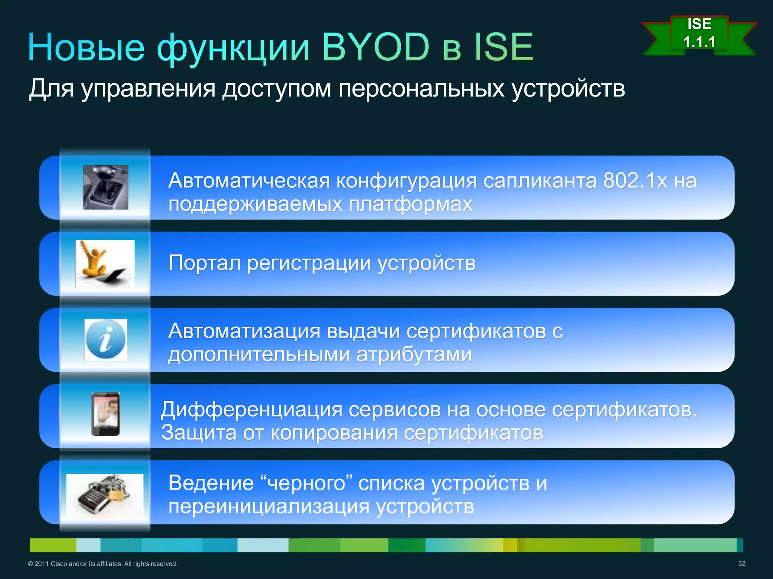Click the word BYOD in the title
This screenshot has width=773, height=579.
click(376, 47)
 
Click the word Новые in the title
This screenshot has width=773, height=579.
click(86, 48)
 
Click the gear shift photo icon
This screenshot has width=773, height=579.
click(106, 187)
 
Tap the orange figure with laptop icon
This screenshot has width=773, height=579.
click(105, 263)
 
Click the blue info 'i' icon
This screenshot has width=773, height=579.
click(106, 340)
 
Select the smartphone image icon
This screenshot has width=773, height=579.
click(106, 414)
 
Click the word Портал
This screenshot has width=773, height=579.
click(204, 263)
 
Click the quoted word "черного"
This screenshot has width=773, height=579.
click(306, 483)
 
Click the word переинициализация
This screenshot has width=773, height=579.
click(269, 506)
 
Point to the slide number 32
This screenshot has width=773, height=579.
click(741, 563)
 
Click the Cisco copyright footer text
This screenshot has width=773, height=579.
click(103, 564)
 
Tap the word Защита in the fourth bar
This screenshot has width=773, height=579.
click(199, 432)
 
